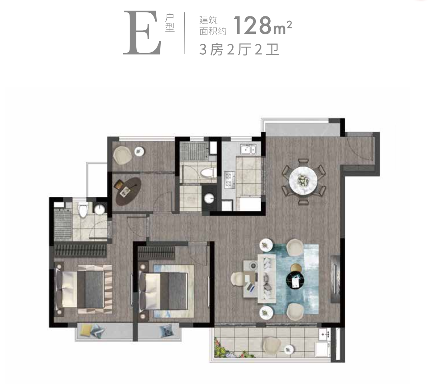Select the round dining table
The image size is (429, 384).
(303, 180)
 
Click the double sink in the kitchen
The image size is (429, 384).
(248, 149)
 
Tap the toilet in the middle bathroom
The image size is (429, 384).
(207, 173)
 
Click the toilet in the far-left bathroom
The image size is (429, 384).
(83, 210)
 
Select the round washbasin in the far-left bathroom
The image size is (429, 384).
(100, 209)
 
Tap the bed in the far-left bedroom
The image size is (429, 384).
(83, 289)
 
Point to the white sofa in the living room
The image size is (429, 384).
(266, 278)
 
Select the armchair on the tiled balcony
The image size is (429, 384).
(272, 346)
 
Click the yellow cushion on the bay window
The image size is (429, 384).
(85, 331)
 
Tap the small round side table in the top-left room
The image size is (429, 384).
(140, 151)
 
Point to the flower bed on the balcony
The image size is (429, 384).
(233, 348)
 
